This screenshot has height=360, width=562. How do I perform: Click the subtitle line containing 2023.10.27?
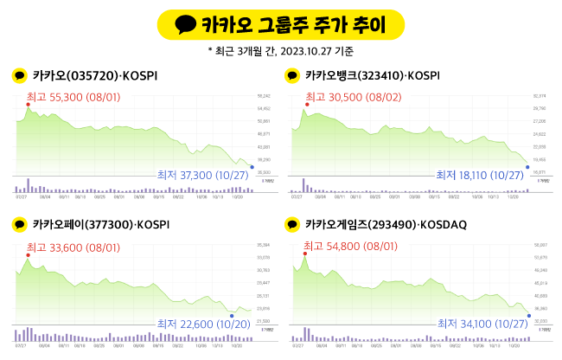280,52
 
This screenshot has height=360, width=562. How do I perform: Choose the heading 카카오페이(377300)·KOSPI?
100,225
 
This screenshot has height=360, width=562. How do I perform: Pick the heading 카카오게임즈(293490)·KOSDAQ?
386,225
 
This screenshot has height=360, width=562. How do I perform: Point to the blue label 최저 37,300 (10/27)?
202,176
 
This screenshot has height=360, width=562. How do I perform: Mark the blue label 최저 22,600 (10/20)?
202,324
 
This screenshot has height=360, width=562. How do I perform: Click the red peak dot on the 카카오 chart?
28,104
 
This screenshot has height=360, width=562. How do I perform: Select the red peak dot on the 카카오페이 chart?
28,254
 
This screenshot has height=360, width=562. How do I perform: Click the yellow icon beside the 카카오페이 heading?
19,225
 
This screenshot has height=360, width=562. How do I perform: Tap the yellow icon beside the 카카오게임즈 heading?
294,225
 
